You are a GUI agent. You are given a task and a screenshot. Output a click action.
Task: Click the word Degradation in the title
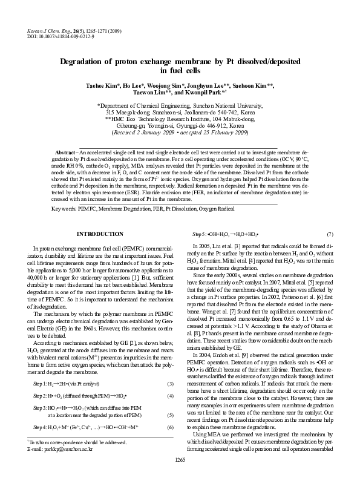(91, 62)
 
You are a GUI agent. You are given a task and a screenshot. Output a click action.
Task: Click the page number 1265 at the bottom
(180, 478)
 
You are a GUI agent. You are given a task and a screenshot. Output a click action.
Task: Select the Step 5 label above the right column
(201, 234)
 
